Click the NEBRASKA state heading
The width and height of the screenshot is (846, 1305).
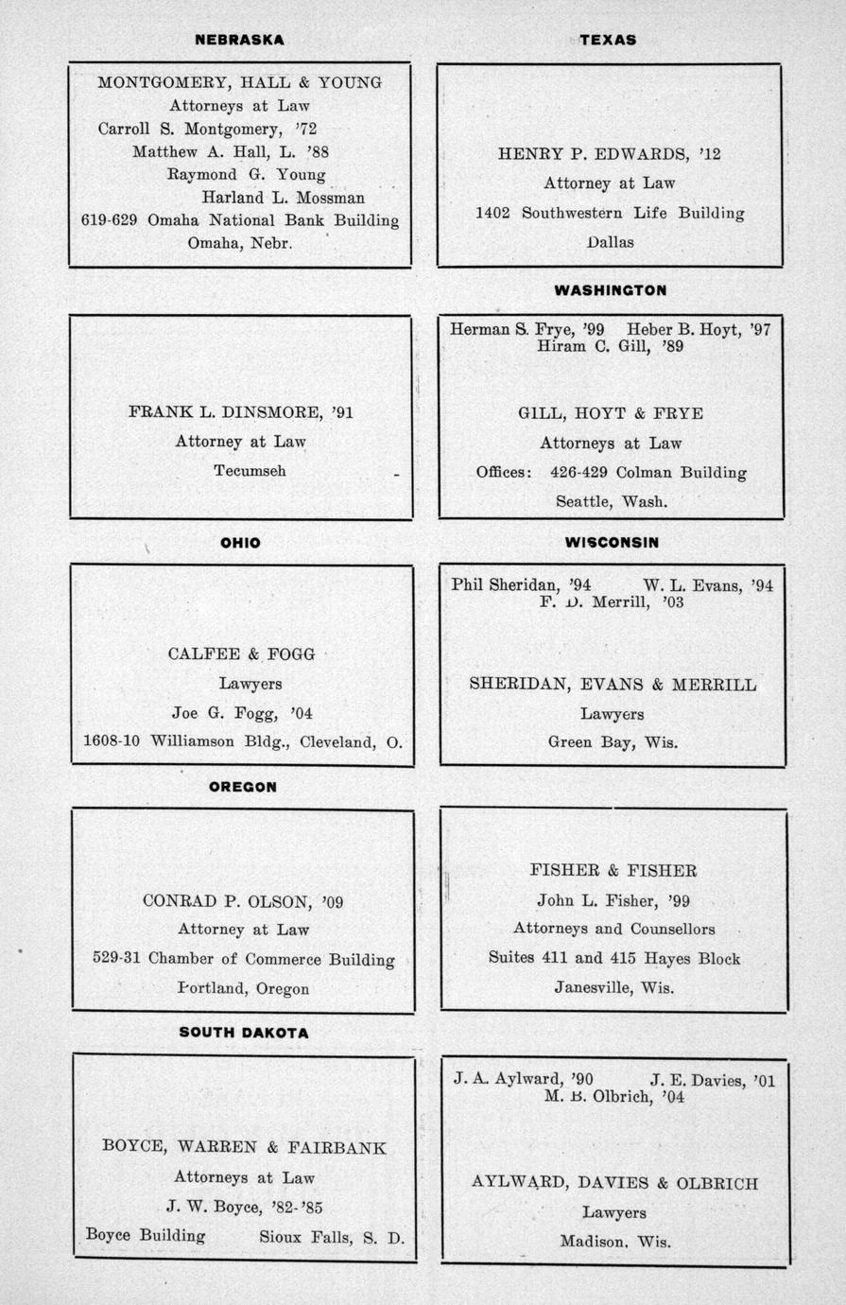(239, 40)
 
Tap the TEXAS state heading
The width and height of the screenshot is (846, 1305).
(608, 40)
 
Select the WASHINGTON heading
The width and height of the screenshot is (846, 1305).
(610, 290)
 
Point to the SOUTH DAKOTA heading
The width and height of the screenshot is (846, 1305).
(244, 1033)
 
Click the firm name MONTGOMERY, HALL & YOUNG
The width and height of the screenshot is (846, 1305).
(239, 82)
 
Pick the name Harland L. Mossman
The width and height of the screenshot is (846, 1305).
(283, 198)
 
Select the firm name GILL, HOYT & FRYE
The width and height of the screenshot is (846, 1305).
(611, 413)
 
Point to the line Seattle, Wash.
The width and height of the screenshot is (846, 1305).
(612, 501)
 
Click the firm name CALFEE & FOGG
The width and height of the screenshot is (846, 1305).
(241, 653)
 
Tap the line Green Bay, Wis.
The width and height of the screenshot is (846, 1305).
(613, 742)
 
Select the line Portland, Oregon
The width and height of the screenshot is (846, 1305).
(244, 988)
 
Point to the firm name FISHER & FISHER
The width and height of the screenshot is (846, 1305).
(613, 871)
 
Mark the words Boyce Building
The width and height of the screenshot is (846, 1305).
(146, 1235)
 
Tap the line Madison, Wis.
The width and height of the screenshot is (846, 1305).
(613, 1242)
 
